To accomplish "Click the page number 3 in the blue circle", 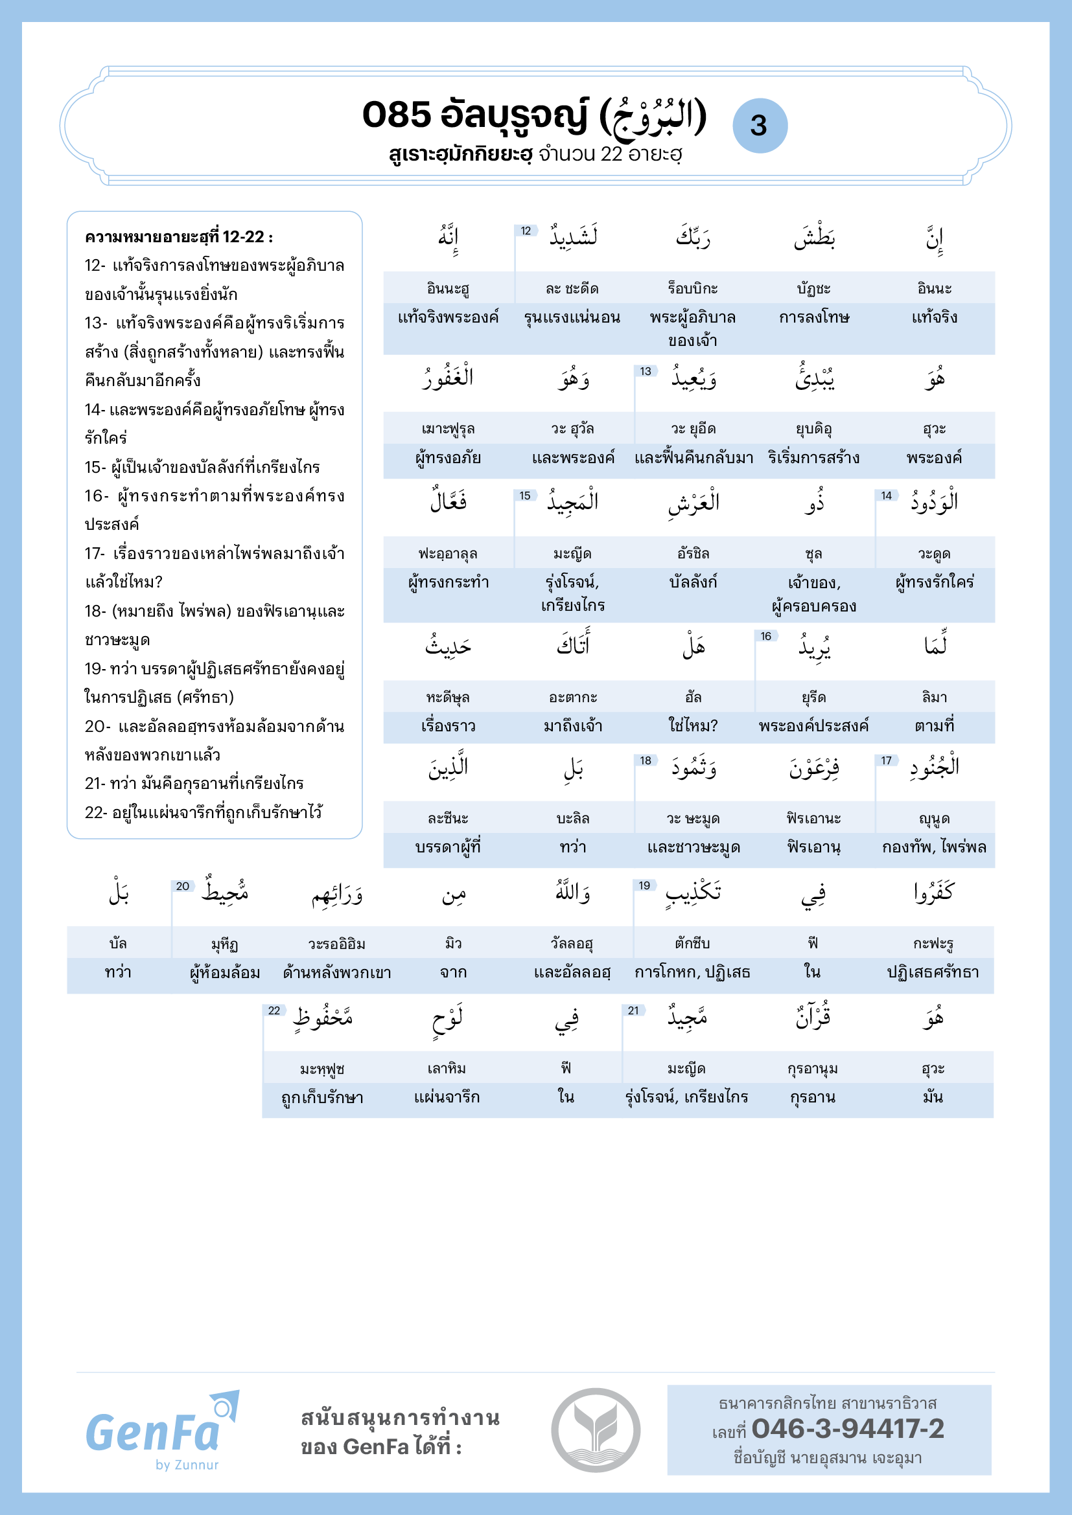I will coord(759,126).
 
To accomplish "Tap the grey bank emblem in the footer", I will coord(596,1430).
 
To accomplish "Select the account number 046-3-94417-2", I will coord(848,1429).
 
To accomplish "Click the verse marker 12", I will coord(526,231).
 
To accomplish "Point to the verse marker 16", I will coord(765,636).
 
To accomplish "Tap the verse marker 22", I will coord(274,1010).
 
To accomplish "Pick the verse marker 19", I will coord(644,885).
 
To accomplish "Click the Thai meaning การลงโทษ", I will coord(814,317).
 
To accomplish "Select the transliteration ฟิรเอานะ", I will coord(813,818).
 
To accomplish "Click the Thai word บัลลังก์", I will coord(693,582).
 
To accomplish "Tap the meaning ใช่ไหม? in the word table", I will coord(693,726).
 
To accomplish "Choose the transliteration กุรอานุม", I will coord(813,1068).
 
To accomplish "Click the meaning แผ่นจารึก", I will coord(447,1097).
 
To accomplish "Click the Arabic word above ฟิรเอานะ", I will coord(814,768).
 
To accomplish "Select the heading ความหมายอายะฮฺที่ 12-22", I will coord(179,237).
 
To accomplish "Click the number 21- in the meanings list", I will coord(95,783).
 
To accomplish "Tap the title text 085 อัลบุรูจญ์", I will coord(474,115).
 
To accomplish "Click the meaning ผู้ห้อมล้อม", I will coord(224,973).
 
